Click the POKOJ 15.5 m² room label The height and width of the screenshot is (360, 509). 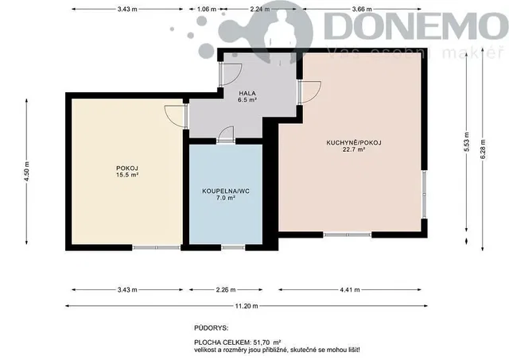127,172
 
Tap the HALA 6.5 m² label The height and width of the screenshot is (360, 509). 247,97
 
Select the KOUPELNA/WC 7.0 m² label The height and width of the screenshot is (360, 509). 226,194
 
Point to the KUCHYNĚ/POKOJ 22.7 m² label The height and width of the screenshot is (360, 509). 354,146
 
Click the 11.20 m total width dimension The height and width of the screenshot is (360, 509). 247,306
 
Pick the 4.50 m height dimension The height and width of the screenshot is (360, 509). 26,172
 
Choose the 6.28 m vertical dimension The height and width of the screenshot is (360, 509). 483,149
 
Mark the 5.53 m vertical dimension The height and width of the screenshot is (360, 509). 467,141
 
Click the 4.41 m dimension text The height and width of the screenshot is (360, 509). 350,289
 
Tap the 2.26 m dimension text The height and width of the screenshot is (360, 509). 226,289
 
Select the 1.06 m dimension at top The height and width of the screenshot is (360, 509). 207,9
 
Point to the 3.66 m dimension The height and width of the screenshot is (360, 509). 362,9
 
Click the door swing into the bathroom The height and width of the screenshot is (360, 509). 226,134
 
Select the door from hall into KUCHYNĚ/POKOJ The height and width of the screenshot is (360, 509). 310,91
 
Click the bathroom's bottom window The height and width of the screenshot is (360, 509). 233,247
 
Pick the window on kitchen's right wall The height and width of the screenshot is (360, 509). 424,194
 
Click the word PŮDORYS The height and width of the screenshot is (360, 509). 211,328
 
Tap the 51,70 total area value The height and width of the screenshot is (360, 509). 264,343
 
